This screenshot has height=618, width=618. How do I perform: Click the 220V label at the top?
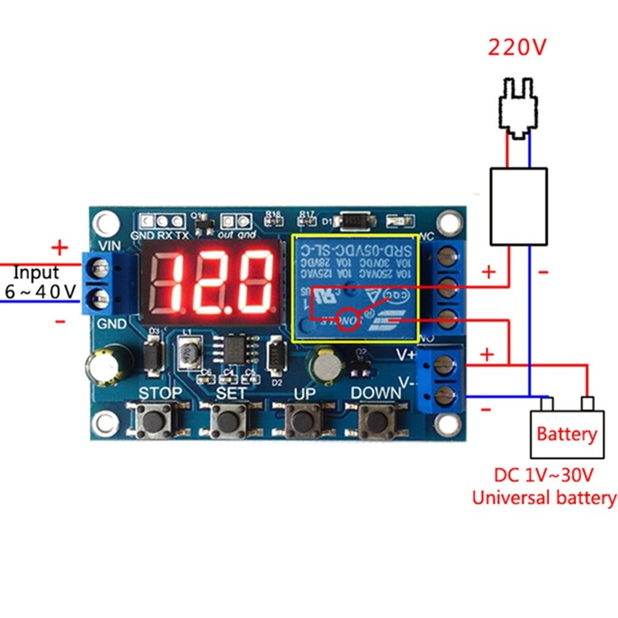click(x=517, y=48)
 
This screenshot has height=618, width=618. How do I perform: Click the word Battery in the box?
click(x=567, y=434)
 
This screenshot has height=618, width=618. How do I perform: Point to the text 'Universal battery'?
click(x=544, y=497)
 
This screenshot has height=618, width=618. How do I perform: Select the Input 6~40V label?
click(x=40, y=281)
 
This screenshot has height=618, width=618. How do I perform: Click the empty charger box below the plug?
click(x=518, y=206)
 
